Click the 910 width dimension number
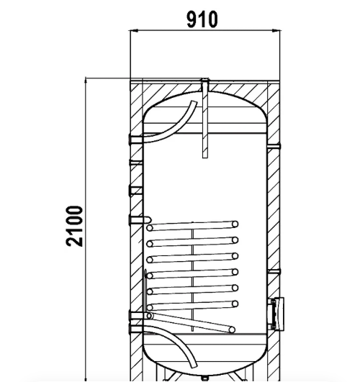[x=202, y=19]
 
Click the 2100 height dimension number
[x=74, y=226]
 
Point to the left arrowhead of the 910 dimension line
[x=134, y=30]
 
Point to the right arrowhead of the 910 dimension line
[x=276, y=30]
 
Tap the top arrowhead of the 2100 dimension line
[x=86, y=82]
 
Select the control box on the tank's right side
[x=277, y=314]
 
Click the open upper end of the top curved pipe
[x=194, y=103]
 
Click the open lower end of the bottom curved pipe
[x=194, y=365]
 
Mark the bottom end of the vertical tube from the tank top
[x=205, y=157]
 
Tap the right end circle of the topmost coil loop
[x=235, y=224]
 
